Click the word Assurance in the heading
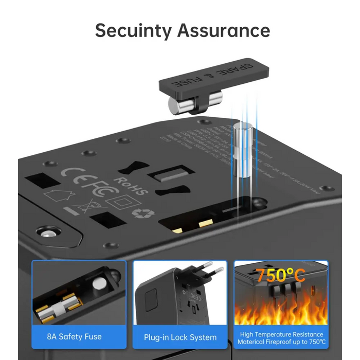click(x=224, y=30)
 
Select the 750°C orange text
click(x=281, y=276)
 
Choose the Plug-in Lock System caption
click(x=180, y=337)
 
